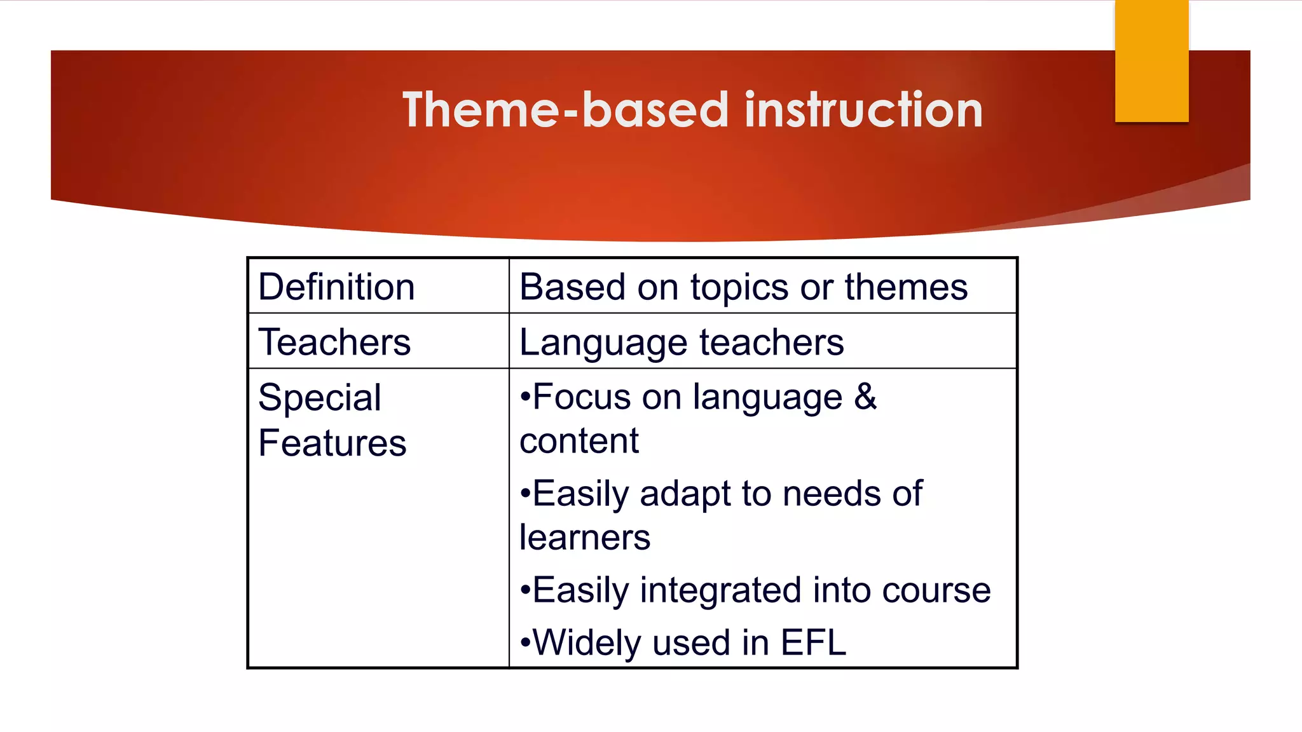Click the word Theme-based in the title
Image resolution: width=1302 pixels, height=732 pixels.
[x=565, y=110]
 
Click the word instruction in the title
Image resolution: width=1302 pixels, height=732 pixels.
[x=863, y=110]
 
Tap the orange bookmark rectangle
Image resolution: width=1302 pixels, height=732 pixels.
[x=1151, y=60]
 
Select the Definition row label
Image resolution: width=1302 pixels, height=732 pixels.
[x=336, y=287]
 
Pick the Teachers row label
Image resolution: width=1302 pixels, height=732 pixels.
[x=334, y=342]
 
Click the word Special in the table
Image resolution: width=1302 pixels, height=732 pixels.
[x=319, y=398]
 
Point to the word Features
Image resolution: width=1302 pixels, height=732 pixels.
[x=332, y=444]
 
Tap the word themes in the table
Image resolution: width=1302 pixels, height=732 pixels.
[x=905, y=287]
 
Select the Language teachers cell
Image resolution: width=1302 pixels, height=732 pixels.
[x=682, y=342]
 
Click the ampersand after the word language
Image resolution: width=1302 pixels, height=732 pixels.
[x=865, y=397]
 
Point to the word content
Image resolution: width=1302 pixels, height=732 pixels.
[x=579, y=441]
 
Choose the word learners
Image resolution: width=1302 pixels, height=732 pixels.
[x=584, y=538]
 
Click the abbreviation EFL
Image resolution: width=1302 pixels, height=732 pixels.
[x=813, y=642]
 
